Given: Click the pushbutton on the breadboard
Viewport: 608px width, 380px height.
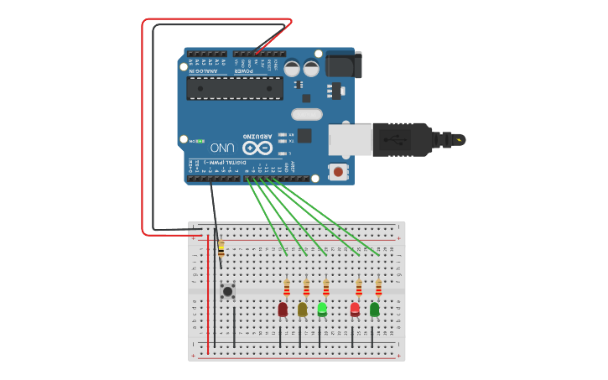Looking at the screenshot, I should pyautogui.click(x=227, y=291).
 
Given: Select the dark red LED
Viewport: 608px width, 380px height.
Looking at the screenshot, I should pyautogui.click(x=283, y=310).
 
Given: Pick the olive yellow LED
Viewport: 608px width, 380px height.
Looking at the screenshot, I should pyautogui.click(x=302, y=310).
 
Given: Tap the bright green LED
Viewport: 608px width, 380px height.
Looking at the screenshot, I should pyautogui.click(x=322, y=309).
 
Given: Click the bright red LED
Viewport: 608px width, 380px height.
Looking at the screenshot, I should pyautogui.click(x=355, y=310).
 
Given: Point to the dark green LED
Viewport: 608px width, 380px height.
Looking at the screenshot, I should pyautogui.click(x=374, y=310).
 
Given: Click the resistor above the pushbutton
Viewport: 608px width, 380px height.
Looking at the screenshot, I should pyautogui.click(x=221, y=249).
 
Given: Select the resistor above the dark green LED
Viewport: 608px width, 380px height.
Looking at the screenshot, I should pyautogui.click(x=378, y=289).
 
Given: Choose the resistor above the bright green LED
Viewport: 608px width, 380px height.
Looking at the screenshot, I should pyautogui.click(x=325, y=289).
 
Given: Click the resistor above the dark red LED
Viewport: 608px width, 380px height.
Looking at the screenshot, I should pyautogui.click(x=286, y=289).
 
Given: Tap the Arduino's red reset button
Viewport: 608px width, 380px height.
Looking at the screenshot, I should pyautogui.click(x=338, y=172).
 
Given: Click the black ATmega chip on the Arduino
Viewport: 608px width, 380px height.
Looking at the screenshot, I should pyautogui.click(x=234, y=88).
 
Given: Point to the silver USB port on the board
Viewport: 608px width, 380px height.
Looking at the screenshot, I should pyautogui.click(x=350, y=139).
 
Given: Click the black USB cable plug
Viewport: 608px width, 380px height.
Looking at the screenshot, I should pyautogui.click(x=402, y=139).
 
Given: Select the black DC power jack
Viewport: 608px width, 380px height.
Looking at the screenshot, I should pyautogui.click(x=343, y=65).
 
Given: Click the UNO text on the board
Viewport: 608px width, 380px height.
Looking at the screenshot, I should pyautogui.click(x=222, y=147).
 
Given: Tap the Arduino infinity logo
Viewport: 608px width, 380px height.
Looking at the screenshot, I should pyautogui.click(x=257, y=148).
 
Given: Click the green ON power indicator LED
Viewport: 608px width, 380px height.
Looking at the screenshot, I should pyautogui.click(x=200, y=141).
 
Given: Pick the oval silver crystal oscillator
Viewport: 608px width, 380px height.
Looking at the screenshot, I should pyautogui.click(x=306, y=114).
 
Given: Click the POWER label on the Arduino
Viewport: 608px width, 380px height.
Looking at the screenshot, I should pyautogui.click(x=243, y=70).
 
